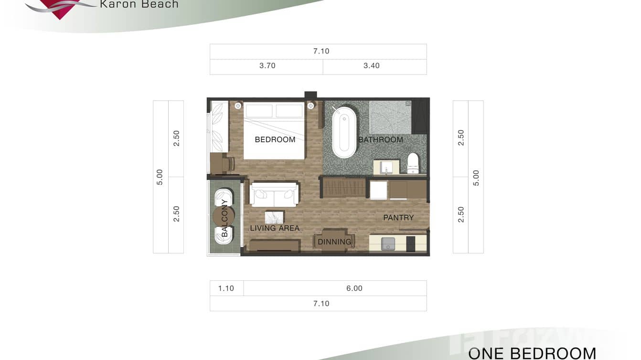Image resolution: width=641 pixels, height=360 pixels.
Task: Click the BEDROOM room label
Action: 275,139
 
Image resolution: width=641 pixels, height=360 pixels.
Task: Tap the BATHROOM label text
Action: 381,139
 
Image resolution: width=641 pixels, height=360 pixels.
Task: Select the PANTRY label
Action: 398,217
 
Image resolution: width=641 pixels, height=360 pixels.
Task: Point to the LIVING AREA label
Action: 275,228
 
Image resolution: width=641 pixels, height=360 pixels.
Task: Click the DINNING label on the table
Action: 334,242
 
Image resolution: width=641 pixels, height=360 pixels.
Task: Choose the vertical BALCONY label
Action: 224,218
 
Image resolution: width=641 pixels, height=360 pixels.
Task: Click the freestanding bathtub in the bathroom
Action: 344,132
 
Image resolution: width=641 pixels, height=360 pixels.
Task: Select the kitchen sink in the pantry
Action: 388,244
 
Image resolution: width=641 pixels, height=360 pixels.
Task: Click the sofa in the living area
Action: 274,194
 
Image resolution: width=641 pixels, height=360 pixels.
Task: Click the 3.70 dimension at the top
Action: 267,66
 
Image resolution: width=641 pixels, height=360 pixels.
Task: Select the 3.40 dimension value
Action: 371,66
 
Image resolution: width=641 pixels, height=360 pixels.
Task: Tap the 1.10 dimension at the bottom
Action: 226,288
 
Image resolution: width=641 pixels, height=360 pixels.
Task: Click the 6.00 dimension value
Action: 354,288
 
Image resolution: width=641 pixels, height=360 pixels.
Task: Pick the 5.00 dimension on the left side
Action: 160,177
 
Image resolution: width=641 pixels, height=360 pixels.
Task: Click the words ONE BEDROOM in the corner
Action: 532,353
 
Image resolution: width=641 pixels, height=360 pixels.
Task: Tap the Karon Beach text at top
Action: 139,5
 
